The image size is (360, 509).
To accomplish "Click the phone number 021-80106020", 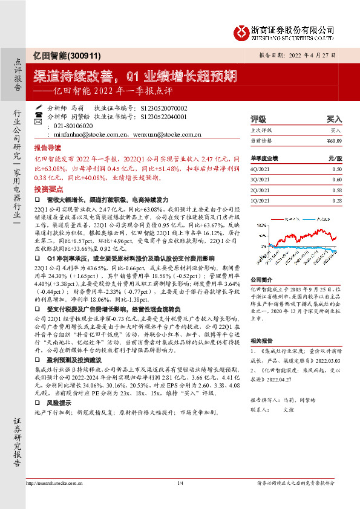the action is point(69,125).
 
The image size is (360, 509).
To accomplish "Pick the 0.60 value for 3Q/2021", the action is point(337,180).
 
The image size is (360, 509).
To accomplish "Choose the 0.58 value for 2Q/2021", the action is point(337,190).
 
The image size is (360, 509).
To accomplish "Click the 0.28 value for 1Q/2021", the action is point(337,200).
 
